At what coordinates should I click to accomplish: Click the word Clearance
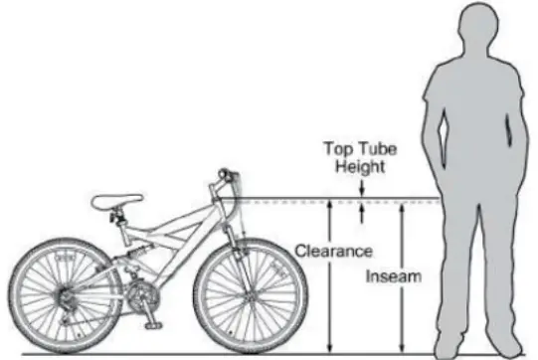pos(332,252)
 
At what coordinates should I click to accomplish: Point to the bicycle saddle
pos(117,202)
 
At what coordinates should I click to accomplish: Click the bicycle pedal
pos(151,323)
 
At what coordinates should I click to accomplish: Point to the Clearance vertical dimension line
pos(329,298)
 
